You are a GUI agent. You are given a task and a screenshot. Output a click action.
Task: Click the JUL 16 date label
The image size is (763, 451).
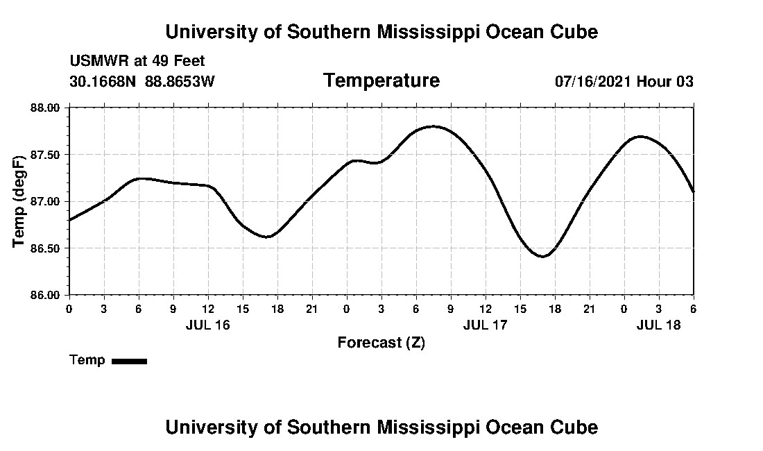coord(207,325)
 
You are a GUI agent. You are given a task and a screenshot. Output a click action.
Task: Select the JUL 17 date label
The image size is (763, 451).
coord(485,325)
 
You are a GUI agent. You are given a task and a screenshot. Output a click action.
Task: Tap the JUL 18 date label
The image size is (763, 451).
coord(658,325)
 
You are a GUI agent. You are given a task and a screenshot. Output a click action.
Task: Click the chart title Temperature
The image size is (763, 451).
coord(381,80)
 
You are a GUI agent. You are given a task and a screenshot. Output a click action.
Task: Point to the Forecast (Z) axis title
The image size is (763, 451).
coord(381,343)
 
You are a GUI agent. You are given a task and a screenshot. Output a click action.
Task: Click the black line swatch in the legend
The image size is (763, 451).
coord(129,361)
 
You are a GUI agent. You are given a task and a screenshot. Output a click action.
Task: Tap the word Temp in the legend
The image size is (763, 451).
coord(87,360)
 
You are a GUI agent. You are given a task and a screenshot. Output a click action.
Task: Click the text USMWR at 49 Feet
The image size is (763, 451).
coord(137,61)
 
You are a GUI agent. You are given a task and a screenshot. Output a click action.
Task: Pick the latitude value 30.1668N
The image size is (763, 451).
coord(104,81)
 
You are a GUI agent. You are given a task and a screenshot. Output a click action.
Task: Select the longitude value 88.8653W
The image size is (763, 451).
coord(180,81)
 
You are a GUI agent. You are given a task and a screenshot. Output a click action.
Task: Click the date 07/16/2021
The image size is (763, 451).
coord(593,81)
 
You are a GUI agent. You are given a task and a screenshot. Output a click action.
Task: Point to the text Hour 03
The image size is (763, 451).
coord(665,81)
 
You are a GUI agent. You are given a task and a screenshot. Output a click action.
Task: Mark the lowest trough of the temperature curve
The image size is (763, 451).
coord(543,257)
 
